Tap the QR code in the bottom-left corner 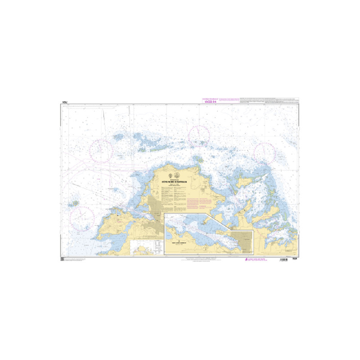pyautogui.click(x=62, y=260)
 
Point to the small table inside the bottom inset pyautogui.click(x=157, y=245)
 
